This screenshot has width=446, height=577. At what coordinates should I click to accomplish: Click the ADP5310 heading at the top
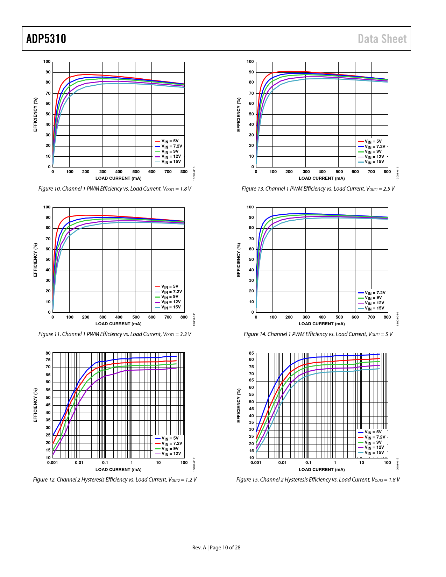pyautogui.click(x=46, y=39)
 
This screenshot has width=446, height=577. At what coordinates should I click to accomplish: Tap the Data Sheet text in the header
pyautogui.click(x=382, y=39)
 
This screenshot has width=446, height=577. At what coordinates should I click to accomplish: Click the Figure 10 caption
pyautogui.click(x=115, y=189)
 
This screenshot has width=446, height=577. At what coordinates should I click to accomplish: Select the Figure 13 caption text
pyautogui.click(x=318, y=189)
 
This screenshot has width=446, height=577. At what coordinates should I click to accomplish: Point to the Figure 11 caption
pyautogui.click(x=115, y=334)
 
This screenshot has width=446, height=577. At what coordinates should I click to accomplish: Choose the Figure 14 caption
pyautogui.click(x=318, y=334)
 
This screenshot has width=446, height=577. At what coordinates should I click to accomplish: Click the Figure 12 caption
pyautogui.click(x=115, y=480)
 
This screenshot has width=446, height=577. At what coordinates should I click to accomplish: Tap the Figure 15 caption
pyautogui.click(x=318, y=480)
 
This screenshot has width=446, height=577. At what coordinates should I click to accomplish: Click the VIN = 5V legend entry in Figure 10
pyautogui.click(x=170, y=141)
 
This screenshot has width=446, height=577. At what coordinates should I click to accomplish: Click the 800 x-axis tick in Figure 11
pyautogui.click(x=184, y=317)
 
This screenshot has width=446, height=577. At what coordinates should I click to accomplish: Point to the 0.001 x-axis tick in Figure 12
pyautogui.click(x=52, y=463)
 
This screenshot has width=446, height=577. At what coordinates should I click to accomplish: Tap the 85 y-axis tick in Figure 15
pyautogui.click(x=251, y=353)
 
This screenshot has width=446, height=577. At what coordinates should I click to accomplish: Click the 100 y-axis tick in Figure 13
pyautogui.click(x=250, y=62)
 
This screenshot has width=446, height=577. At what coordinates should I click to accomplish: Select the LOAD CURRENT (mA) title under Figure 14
pyautogui.click(x=321, y=324)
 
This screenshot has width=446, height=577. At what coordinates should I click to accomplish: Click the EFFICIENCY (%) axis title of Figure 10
pyautogui.click(x=35, y=114)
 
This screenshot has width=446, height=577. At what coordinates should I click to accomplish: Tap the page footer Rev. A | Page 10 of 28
pyautogui.click(x=216, y=548)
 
